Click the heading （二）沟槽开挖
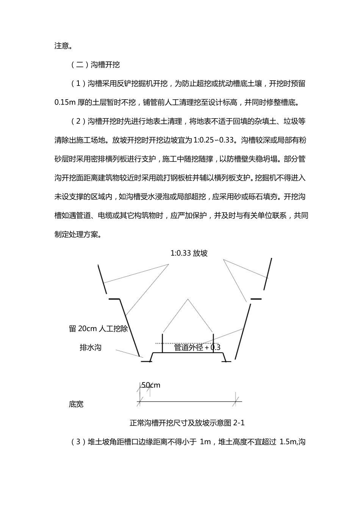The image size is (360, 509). [95, 65]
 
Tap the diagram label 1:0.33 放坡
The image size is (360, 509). [189, 253]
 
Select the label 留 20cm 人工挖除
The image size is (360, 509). [98, 328]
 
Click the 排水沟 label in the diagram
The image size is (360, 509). [90, 347]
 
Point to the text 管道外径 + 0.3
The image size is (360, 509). [197, 347]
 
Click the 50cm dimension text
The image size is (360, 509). [151, 385]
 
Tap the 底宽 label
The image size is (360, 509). [76, 404]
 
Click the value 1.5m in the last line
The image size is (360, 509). [288, 442]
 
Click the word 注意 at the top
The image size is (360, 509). [62, 46]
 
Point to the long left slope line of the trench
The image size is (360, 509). [130, 328]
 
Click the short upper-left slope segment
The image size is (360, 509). [102, 279]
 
